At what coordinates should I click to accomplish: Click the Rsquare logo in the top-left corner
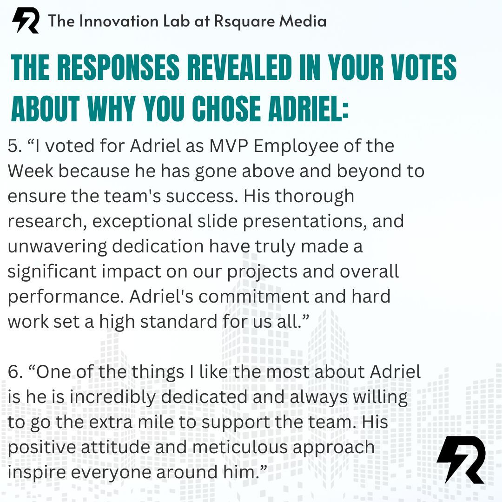click(25, 21)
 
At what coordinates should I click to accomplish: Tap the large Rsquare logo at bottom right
click(461, 459)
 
